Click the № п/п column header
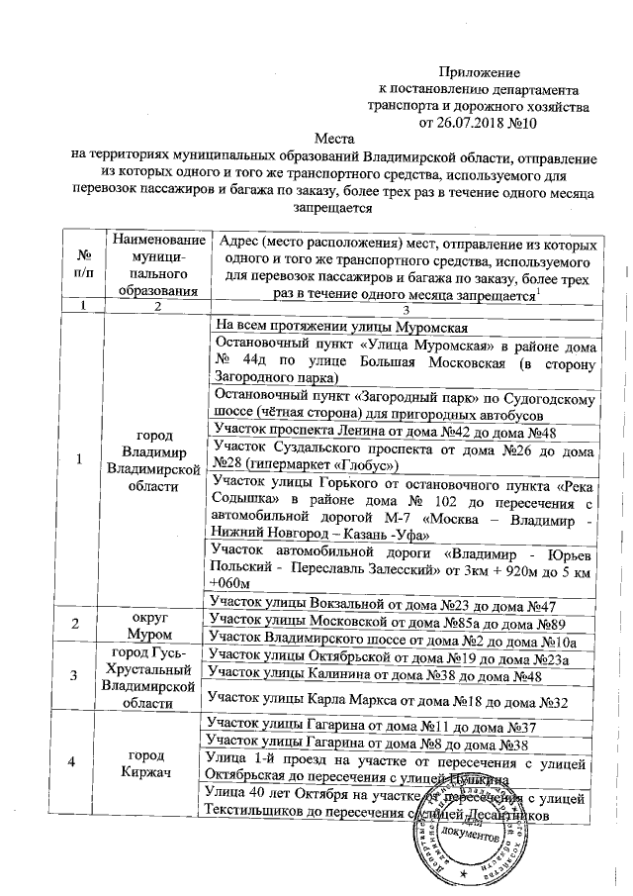pos(83,265)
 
